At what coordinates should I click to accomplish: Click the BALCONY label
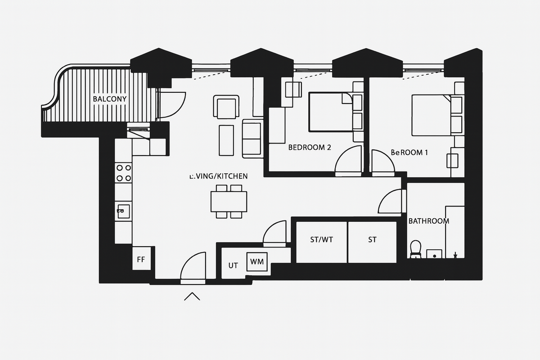tap(109, 99)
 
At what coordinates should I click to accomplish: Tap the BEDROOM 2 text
tap(310, 147)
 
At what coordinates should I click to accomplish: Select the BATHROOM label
tap(428, 221)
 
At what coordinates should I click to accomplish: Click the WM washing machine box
tap(257, 261)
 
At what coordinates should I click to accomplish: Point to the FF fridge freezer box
tap(141, 260)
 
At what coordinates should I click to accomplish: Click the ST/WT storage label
tap(321, 240)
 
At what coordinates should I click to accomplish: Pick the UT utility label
tap(233, 265)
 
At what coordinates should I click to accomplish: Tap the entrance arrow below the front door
tap(192, 296)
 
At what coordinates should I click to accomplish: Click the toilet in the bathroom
tap(416, 249)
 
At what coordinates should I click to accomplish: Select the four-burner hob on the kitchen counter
tap(123, 172)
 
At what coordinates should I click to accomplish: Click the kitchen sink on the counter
tap(123, 211)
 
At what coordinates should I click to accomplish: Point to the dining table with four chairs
tap(229, 202)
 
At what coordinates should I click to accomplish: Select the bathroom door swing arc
tap(391, 202)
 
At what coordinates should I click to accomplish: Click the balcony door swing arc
tap(171, 105)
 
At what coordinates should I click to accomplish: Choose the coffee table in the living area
tap(226, 140)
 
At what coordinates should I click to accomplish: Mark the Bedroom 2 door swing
tap(349, 160)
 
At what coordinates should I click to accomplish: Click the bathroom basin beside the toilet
tap(434, 254)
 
